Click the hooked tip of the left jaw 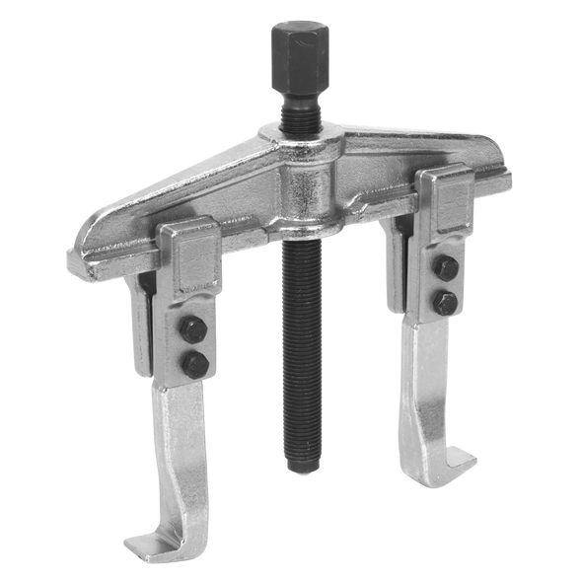point(138,543)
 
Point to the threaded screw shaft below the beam point(298,345)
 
